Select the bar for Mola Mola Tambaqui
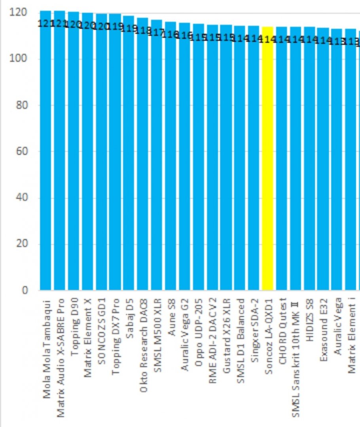click(x=45, y=158)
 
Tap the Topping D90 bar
click(x=74, y=158)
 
